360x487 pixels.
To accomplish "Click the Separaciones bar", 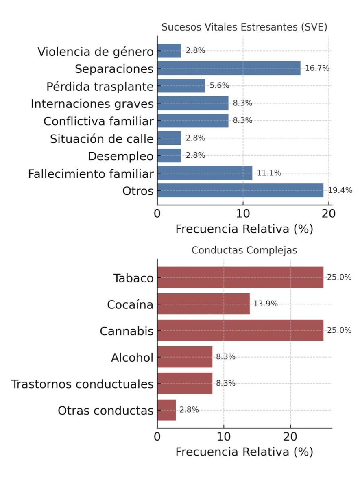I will [229, 68].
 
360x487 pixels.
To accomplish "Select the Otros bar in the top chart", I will [240, 190].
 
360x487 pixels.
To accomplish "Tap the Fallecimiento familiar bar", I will [205, 173].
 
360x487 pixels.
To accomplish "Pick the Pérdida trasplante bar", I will [181, 86].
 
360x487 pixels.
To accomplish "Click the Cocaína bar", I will [203, 304].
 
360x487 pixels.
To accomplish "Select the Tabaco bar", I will [240, 277].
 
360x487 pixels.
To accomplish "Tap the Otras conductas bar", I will [166, 410].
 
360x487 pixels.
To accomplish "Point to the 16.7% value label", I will [317, 68].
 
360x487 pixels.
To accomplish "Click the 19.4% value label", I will [340, 190].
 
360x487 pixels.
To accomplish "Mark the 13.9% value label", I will [266, 304].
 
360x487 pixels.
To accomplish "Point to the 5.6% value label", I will [219, 86].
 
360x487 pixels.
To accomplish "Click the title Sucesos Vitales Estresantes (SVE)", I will [244, 27].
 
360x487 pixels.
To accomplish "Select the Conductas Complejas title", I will [244, 251].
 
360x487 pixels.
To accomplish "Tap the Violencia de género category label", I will [96, 52].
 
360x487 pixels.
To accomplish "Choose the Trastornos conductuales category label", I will [83, 384].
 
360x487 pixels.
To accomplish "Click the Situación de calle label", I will [102, 139].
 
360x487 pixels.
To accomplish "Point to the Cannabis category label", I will [127, 331].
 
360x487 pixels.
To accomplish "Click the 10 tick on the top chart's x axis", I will [243, 214].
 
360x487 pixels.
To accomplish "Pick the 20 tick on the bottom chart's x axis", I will [290, 438].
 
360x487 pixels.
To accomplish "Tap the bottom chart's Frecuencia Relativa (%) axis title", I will [244, 452].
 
